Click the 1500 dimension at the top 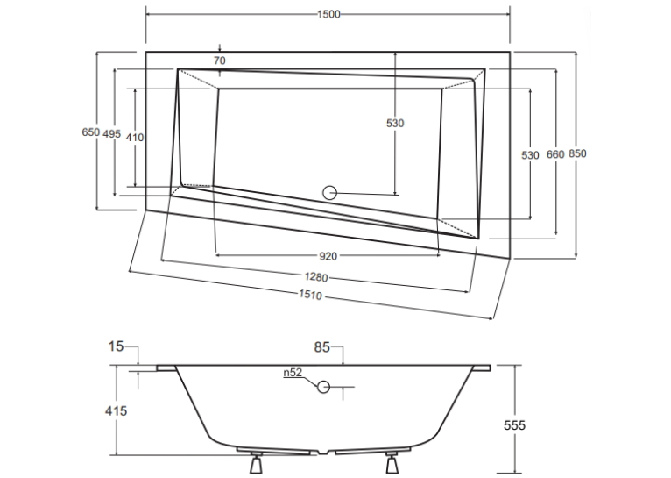point(328,14)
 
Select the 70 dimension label point(220,61)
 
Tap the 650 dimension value point(91,132)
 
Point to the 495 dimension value point(112,134)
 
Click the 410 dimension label point(135,138)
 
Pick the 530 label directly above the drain point(395,124)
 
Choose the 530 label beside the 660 point(530,155)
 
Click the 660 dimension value point(555,154)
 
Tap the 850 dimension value point(577,153)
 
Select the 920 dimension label point(328,256)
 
